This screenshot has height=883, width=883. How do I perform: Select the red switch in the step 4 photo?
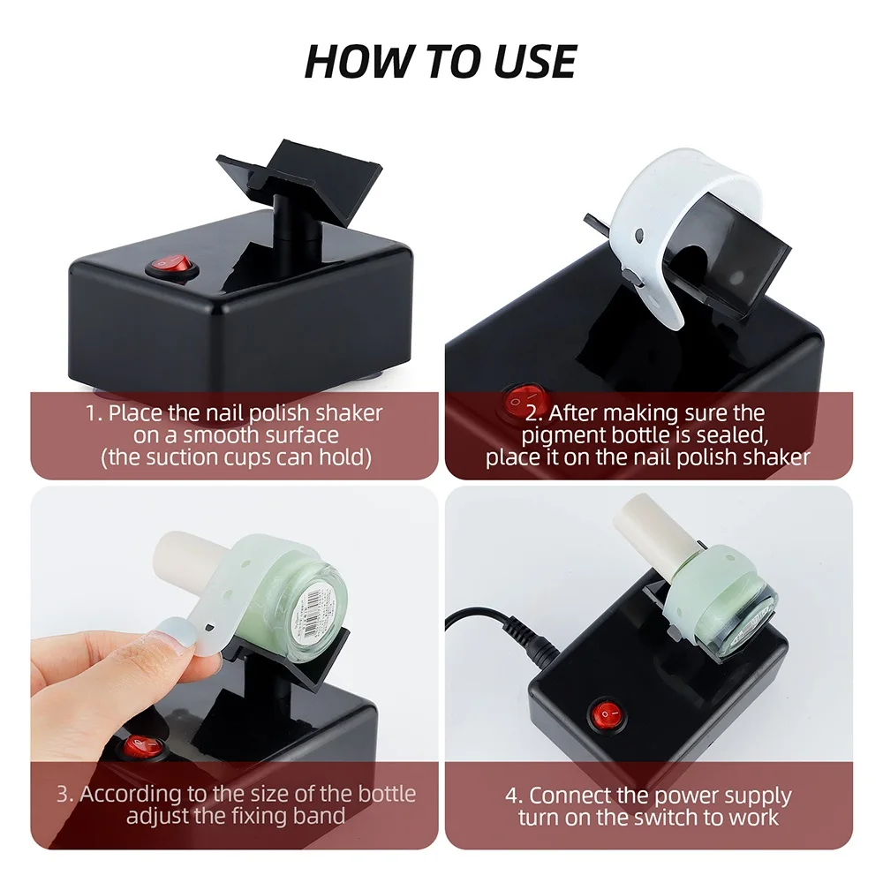point(605,713)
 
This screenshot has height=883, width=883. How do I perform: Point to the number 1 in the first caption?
point(90,412)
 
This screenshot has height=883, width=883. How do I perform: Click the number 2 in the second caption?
point(532,412)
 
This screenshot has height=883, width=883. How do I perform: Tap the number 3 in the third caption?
point(64,793)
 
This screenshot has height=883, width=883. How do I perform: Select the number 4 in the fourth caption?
point(512,796)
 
